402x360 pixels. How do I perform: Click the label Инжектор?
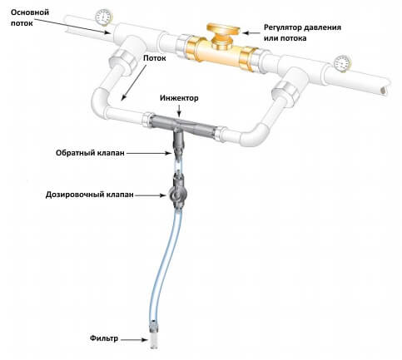point(179,98)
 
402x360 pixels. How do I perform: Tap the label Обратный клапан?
point(90,153)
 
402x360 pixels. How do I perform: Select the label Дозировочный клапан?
point(90,195)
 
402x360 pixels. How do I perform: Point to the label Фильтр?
point(104,338)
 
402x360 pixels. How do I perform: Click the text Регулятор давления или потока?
point(302,32)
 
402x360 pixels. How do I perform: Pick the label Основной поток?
point(30,17)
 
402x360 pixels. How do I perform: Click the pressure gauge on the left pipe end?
point(104,17)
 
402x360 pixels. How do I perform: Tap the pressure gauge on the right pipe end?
point(343,63)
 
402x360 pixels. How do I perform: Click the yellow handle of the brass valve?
point(223,30)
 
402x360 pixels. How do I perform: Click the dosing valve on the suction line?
point(176,192)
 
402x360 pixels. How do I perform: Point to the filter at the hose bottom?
point(153,335)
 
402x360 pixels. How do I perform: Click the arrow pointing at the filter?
point(134,339)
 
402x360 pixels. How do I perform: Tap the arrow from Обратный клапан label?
point(150,153)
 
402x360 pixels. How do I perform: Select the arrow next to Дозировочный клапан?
point(151,195)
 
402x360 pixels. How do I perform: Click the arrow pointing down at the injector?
point(179,111)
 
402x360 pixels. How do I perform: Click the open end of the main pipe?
point(384,90)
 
